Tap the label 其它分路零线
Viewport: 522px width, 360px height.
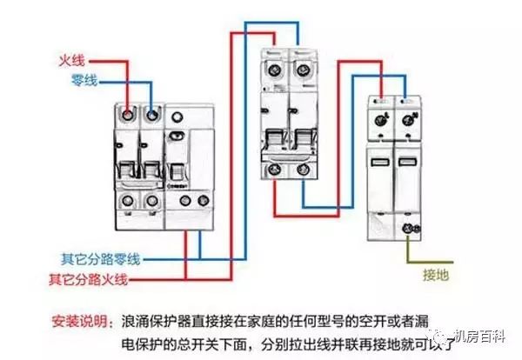pos(100,259)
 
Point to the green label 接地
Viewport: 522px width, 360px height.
pos(437,275)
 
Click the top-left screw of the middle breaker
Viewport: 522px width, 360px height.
pos(277,67)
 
